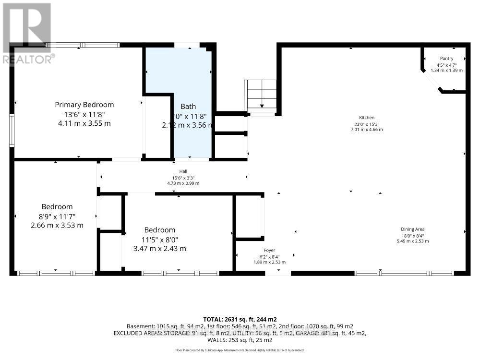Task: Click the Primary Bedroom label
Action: (84, 105)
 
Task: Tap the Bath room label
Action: (188, 107)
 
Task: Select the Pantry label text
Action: (447, 59)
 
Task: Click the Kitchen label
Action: (367, 118)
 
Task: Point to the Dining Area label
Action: (412, 229)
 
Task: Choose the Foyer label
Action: (269, 250)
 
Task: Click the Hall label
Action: (183, 171)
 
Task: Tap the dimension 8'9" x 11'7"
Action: (58, 216)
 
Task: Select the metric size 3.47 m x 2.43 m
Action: (160, 248)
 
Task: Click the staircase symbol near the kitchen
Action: (262, 95)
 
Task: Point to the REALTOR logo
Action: (27, 34)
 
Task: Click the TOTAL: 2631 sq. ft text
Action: (240, 319)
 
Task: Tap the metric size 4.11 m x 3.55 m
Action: (84, 123)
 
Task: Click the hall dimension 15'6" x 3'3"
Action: (183, 178)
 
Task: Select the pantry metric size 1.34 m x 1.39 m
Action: (447, 71)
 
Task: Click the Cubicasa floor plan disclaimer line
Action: (240, 350)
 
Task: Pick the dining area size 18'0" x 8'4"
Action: (412, 235)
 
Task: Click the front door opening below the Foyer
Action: (278, 273)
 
